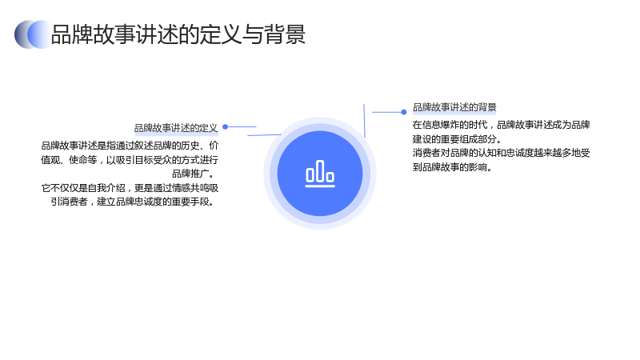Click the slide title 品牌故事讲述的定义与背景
coord(178,34)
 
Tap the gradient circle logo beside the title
coord(33,34)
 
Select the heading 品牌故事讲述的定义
coord(176,128)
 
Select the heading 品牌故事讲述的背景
coord(454,107)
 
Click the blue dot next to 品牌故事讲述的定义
coord(225,127)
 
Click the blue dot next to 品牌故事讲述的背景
coord(404,112)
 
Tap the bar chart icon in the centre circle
coord(320,174)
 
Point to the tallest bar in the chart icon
coord(320,170)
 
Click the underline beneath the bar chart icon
coord(320,186)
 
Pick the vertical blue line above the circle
coord(364,121)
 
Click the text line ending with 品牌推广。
coord(193,174)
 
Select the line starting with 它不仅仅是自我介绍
coord(130,188)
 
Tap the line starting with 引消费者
coord(133,202)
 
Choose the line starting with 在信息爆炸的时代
coord(502,125)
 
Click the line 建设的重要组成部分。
coord(457,139)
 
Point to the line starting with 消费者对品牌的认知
coord(502,153)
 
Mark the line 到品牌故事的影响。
coord(452,167)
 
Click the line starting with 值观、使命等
coord(130,160)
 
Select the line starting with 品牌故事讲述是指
coord(130,146)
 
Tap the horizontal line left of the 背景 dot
coord(387,112)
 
